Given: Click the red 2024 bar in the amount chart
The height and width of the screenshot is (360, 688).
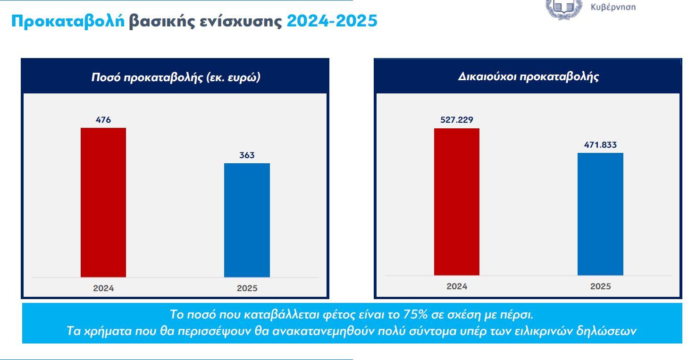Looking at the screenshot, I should tap(103, 202).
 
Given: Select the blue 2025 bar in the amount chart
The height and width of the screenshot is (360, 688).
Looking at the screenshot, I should tap(247, 220).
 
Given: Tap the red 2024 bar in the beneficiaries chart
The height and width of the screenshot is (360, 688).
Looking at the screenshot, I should tap(456, 201).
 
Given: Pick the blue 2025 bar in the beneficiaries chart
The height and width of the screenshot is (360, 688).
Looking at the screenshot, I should tap(600, 214).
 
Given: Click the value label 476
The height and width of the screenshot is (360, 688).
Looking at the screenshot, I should tap(103, 120).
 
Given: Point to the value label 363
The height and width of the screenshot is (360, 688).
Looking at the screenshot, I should tap(247, 155).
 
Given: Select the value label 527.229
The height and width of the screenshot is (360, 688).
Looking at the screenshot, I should tap(456, 120).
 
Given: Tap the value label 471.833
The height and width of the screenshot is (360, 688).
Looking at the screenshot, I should tap(600, 145).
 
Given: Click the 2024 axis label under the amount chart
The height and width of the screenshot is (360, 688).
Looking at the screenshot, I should tap(103, 288).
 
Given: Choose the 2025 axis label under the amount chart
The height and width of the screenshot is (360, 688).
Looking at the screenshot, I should tap(247, 288).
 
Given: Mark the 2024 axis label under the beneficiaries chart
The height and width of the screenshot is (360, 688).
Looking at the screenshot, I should tap(456, 286).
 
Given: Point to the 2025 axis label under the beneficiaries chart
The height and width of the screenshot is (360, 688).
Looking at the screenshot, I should tap(600, 286).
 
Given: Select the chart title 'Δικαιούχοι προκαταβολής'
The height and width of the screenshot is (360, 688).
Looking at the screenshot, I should tap(528, 77).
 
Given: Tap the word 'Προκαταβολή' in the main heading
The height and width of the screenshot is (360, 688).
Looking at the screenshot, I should tap(68, 21).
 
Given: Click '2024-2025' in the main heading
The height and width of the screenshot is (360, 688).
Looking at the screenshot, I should tap(332, 21).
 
